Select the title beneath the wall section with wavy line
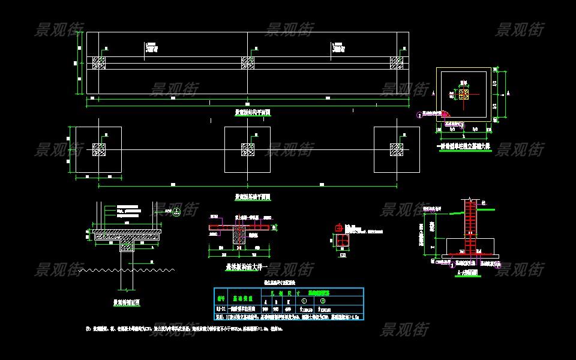point(127,303)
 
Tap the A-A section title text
point(467,272)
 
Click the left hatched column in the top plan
point(99,62)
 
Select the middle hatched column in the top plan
point(247,62)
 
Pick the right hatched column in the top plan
point(397,62)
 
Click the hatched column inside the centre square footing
point(247,149)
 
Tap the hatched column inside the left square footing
point(99,149)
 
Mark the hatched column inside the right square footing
point(397,149)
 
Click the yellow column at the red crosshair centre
point(463,94)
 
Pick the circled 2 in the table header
point(323,301)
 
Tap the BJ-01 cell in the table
point(221,310)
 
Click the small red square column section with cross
point(341,241)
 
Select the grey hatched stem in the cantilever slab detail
point(239,236)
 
